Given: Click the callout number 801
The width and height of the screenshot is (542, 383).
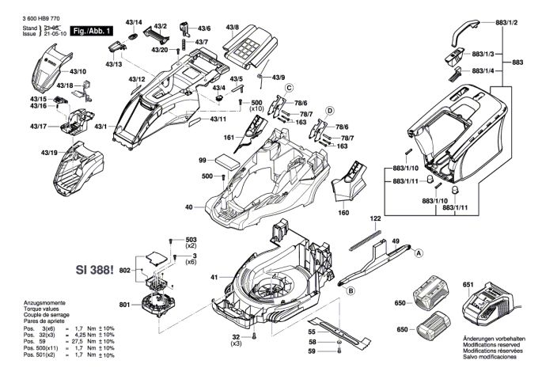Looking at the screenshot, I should coord(125,305).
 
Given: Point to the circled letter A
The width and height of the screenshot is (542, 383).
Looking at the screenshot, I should coord(420,252).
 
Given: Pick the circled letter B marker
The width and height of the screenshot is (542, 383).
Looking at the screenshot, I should coord(348,290).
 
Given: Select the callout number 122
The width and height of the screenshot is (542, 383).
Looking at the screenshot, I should coord(375,218).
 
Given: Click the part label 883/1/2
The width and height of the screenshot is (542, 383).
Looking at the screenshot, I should coord(506,22).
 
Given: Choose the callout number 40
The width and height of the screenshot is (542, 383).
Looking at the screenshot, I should coord(189,207).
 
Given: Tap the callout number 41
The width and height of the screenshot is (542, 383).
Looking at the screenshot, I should coord(214,277).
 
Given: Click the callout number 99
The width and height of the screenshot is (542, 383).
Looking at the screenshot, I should coord(202,160).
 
